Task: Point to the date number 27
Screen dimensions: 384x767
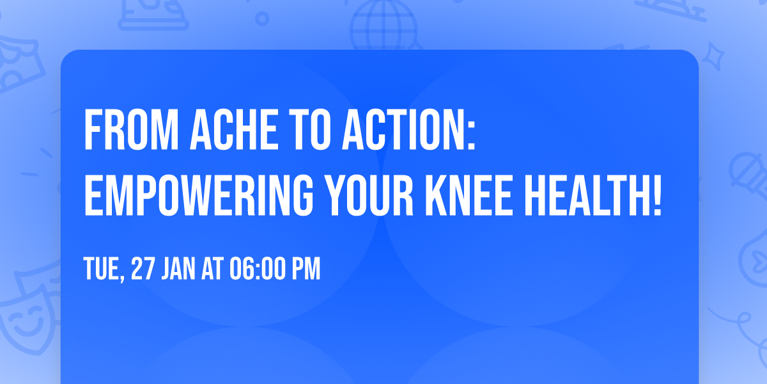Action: coord(143,269)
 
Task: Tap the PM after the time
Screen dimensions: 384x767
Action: coord(305,269)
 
